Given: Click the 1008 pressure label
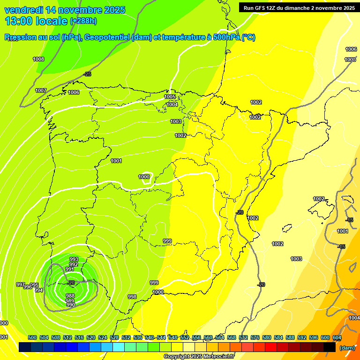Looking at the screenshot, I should click(38, 59).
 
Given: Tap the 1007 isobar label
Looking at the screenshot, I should click(41, 90).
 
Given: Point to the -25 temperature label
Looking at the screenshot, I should click(87, 75).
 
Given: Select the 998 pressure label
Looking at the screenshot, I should click(132, 297).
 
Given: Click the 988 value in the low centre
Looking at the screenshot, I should click(70, 296).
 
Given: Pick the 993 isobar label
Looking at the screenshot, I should click(74, 259).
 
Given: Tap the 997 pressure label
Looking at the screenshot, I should click(20, 285).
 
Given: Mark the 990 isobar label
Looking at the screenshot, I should click(71, 305).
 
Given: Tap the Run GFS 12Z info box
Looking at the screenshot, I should click(299, 8).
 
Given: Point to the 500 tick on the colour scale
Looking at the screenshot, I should click(32, 337).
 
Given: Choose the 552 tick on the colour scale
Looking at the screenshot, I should click(185, 337).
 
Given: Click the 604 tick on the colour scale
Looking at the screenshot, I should click(337, 337).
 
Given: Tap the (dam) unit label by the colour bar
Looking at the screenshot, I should click(346, 348).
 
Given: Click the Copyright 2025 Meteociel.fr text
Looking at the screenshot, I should click(199, 356).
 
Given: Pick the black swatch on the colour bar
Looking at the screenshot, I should click(330, 347).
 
